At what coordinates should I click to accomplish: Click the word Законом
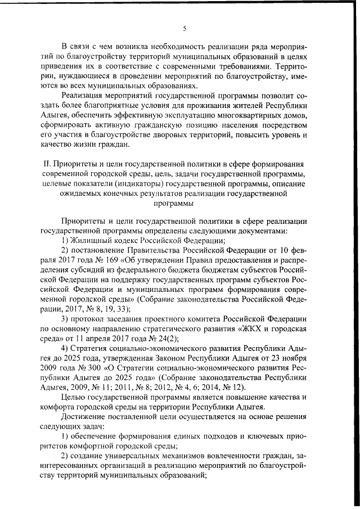(193, 358)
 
